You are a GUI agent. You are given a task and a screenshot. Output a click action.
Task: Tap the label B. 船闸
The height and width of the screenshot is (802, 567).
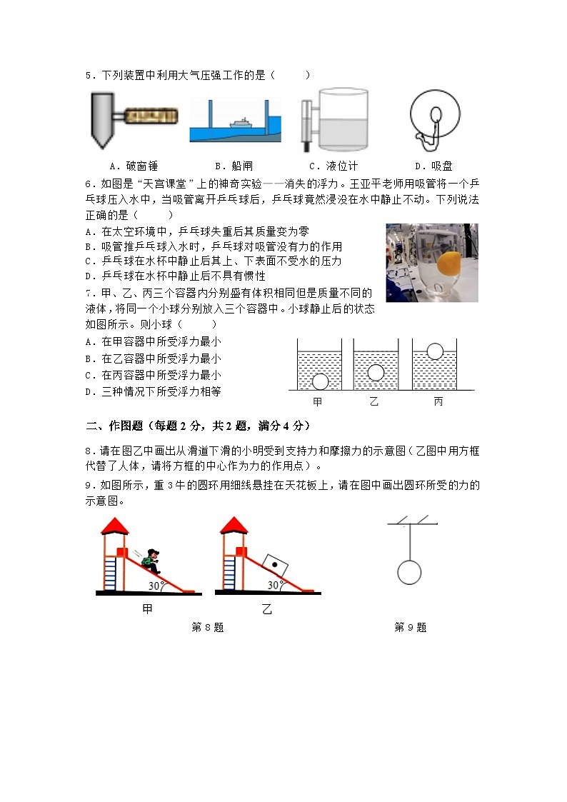pos(233,166)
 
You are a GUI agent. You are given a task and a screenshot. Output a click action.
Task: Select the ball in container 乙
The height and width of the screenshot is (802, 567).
pos(376,373)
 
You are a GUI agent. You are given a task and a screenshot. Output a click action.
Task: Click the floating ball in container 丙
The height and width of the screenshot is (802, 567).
pos(435,351)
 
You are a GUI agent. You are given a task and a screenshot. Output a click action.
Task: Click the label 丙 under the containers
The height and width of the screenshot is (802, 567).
pos(438,402)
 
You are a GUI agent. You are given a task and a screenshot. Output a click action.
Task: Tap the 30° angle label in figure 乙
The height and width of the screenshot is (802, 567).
pos(274,585)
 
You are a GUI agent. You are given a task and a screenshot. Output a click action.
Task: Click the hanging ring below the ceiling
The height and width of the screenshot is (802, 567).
pos(409,572)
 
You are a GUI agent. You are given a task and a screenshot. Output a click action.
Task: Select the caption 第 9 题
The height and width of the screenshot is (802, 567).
pos(410,628)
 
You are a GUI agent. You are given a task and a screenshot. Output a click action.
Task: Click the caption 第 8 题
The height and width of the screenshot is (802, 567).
pos(208,628)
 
